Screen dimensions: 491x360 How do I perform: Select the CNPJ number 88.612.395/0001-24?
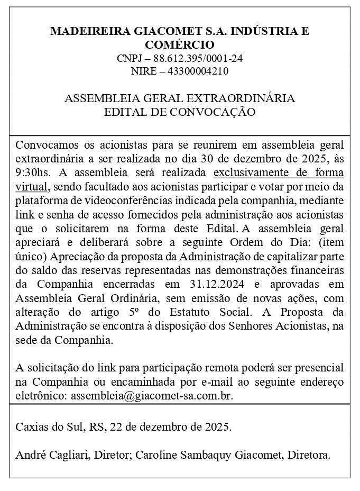click(198, 58)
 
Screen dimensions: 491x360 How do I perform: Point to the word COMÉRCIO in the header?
click(180, 44)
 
